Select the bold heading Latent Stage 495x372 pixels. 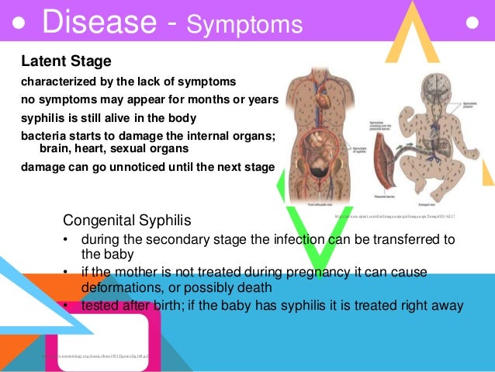coord(66,61)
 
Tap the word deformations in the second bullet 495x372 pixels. coord(115,285)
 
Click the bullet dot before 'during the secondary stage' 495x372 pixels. coord(67,239)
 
